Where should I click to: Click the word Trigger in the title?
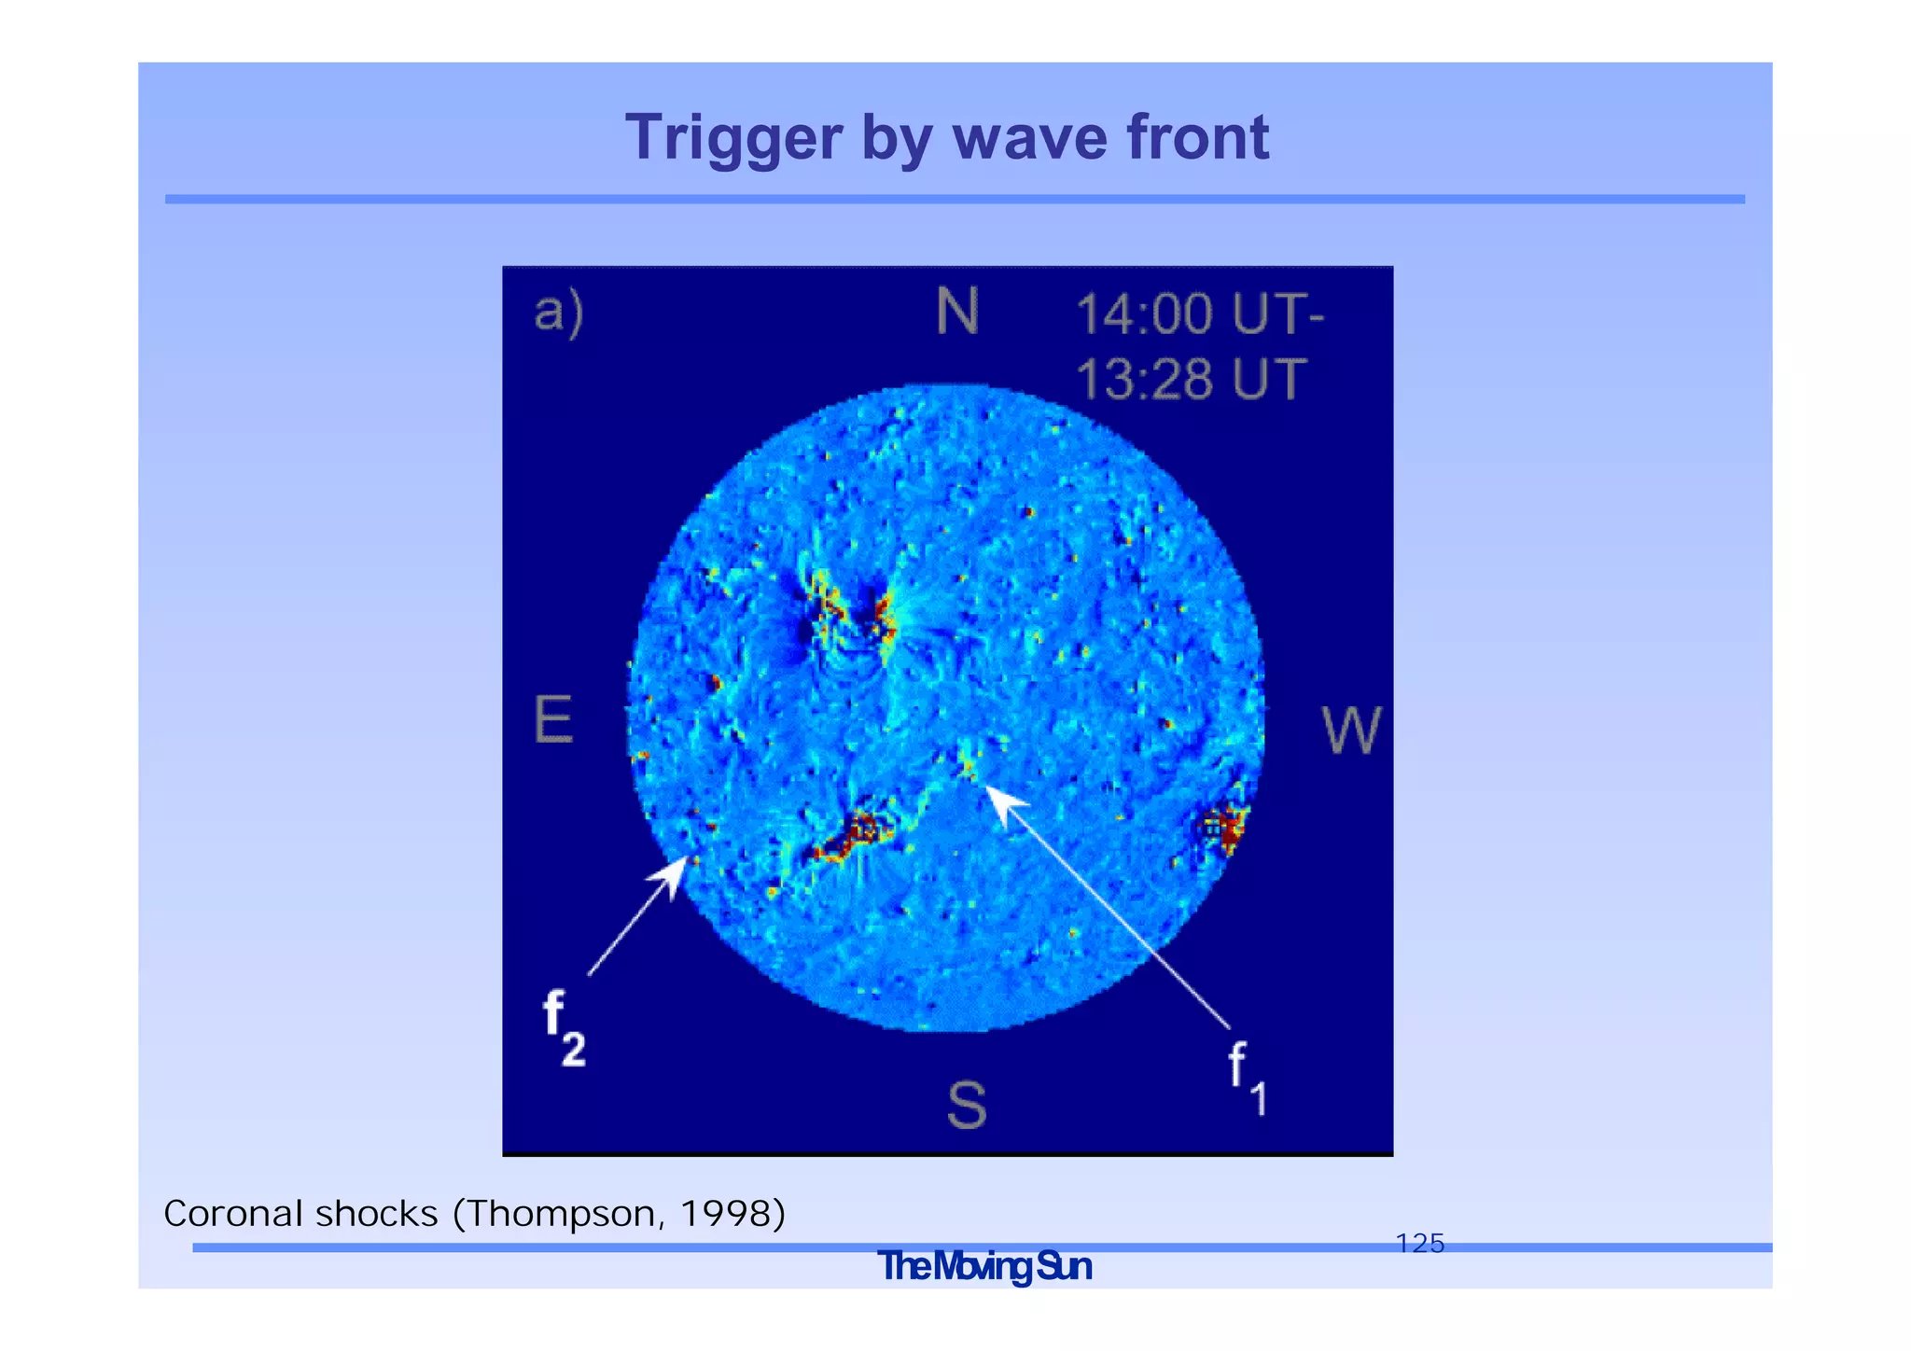(x=732, y=138)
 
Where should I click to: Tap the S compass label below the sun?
(x=966, y=1107)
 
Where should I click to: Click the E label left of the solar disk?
(x=553, y=720)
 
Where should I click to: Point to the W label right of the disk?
(x=1350, y=731)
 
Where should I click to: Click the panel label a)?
(x=558, y=311)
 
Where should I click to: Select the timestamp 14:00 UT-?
(x=1199, y=313)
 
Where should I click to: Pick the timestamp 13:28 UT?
(x=1191, y=379)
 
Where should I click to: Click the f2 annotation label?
(x=563, y=1027)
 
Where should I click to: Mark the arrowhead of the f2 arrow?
(x=677, y=869)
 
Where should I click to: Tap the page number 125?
(x=1419, y=1243)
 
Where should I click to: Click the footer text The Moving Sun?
(x=983, y=1267)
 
